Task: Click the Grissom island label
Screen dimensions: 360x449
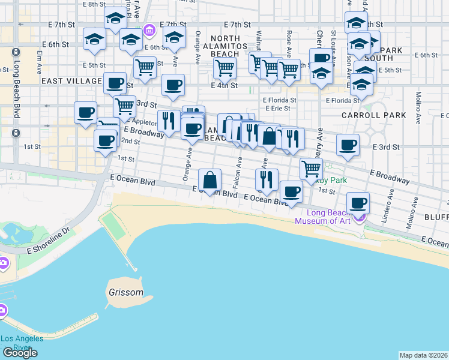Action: click(126, 293)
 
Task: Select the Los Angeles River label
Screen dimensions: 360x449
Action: click(22, 343)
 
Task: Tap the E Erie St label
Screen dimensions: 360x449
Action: click(276, 109)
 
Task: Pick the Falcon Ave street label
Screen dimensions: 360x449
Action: click(238, 172)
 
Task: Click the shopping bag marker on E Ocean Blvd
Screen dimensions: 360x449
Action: click(210, 180)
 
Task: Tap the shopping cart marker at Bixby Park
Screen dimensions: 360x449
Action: click(311, 169)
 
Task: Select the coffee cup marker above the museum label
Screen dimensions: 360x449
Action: click(358, 203)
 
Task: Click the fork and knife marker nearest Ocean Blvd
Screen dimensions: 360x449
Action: click(267, 179)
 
